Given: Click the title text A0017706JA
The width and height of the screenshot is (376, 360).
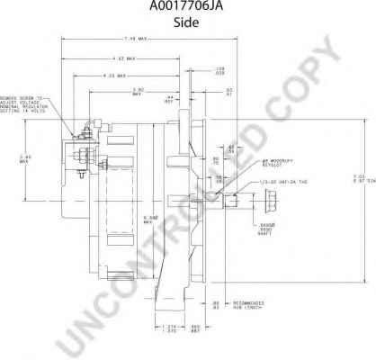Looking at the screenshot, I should click(188, 8).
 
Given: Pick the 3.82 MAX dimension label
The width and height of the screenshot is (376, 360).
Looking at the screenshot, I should click(139, 91).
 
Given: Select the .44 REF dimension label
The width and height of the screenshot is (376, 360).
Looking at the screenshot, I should click(168, 100).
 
